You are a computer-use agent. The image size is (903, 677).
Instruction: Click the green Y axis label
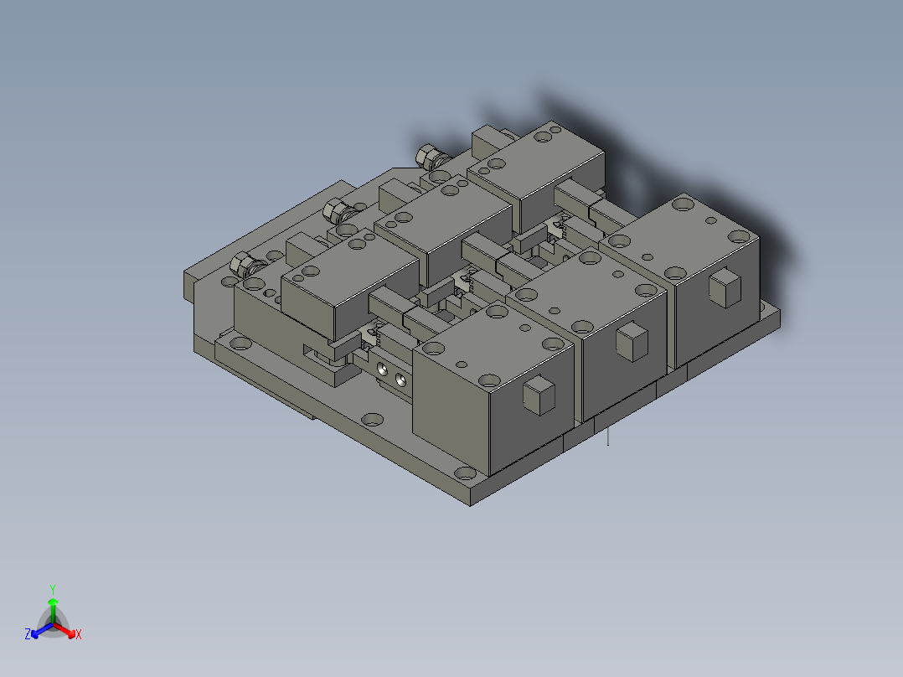coord(53,589)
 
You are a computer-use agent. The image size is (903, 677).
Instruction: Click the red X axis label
coord(78,635)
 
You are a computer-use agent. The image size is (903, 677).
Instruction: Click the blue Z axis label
coord(28,635)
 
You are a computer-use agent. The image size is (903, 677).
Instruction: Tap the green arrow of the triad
coord(53,607)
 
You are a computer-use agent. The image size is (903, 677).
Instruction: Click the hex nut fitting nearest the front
coord(244,266)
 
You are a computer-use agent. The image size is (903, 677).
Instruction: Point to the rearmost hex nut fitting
coord(429,155)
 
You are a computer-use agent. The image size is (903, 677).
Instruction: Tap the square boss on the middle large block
coord(632,340)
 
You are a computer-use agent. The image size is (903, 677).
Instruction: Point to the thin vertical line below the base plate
coord(608,437)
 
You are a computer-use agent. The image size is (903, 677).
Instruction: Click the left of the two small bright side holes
coord(384,369)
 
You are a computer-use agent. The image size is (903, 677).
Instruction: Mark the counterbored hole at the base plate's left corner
coord(241,342)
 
